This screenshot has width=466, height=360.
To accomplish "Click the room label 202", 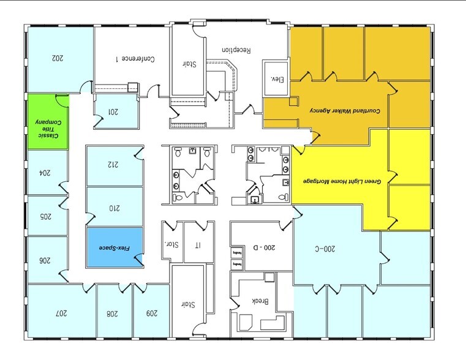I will (58, 59).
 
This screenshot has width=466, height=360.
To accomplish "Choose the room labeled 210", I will (115, 208).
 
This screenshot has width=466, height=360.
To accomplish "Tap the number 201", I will (113, 111).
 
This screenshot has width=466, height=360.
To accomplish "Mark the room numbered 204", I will (44, 173).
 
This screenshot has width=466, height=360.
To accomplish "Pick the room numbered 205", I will (44, 216).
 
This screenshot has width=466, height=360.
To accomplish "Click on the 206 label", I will (44, 260).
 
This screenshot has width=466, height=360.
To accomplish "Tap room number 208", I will (112, 313).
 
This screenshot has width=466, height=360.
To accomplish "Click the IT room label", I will (197, 246).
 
